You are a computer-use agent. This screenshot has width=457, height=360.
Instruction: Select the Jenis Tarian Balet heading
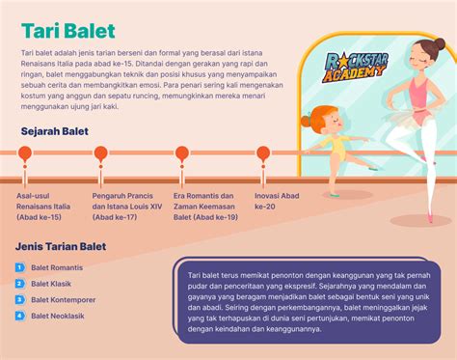click(61, 246)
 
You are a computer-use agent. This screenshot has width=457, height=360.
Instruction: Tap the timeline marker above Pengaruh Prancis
click(100, 152)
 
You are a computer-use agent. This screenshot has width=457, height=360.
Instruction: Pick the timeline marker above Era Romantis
click(181, 152)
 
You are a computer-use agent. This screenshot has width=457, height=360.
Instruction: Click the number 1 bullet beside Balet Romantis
click(19, 266)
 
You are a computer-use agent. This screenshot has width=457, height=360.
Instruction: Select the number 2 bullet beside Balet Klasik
click(19, 283)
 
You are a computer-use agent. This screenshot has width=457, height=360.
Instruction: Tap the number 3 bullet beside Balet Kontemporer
click(19, 299)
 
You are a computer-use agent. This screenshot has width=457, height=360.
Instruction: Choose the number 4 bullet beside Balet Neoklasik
click(19, 316)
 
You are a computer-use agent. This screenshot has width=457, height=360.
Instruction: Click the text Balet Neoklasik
click(58, 316)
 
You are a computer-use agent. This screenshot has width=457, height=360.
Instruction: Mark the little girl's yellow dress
click(337, 148)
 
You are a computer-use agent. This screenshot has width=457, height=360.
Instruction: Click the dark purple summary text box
click(309, 300)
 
